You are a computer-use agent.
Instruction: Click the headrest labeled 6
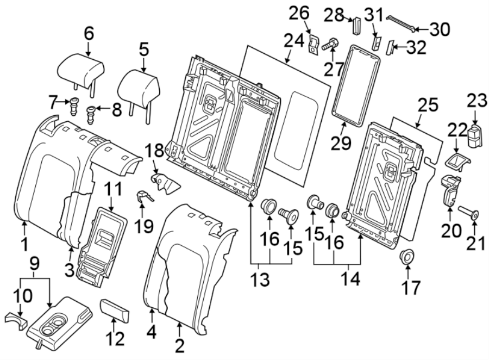click(x=80, y=70)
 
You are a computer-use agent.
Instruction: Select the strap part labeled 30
click(x=402, y=22)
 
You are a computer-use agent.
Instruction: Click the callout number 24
click(x=294, y=41)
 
